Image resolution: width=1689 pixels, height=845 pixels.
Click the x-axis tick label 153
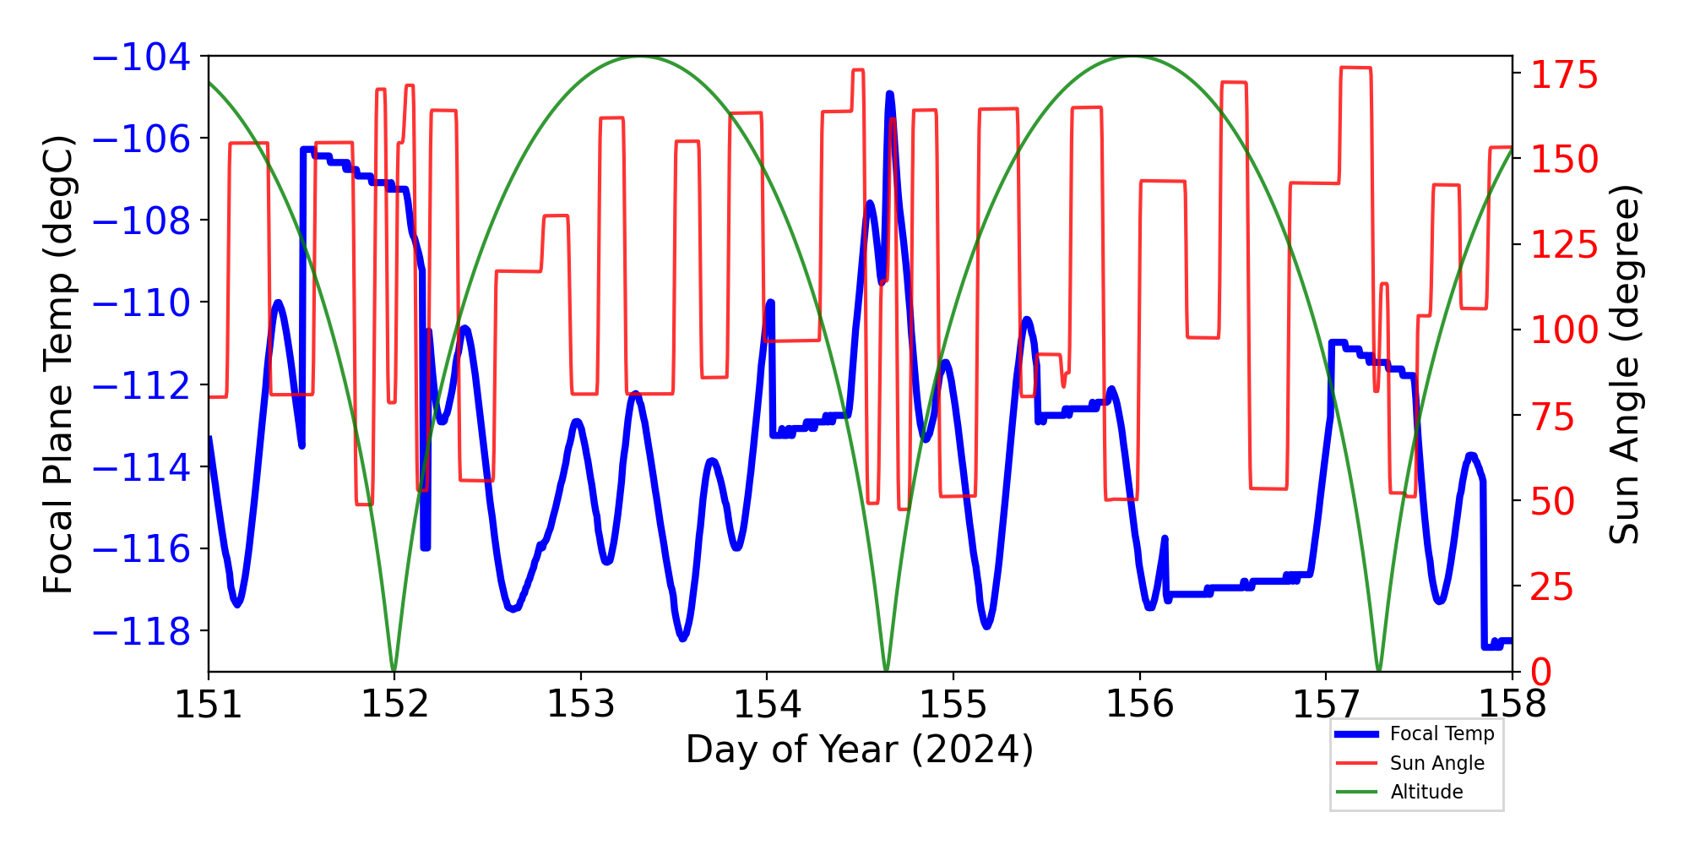(581, 705)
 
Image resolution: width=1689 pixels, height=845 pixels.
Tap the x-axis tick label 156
(1139, 705)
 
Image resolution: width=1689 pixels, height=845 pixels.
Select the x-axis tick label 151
(209, 705)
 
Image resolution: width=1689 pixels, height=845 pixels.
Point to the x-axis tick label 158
(1512, 705)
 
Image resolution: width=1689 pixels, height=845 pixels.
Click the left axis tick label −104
(141, 57)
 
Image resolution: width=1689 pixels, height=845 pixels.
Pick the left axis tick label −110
(141, 303)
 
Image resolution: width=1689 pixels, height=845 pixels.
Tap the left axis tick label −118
(141, 632)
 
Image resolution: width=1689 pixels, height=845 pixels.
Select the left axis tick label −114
(141, 468)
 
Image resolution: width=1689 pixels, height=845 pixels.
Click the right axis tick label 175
(1565, 76)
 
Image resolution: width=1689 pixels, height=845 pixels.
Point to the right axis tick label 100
(1565, 330)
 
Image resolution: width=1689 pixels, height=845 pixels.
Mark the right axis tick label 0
(1541, 673)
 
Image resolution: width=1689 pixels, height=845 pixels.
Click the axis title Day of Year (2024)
(859, 750)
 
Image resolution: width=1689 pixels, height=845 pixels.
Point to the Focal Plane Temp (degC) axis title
(59, 364)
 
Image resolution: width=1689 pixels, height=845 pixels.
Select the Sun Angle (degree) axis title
(1624, 364)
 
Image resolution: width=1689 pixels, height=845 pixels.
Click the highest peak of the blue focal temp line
(889, 95)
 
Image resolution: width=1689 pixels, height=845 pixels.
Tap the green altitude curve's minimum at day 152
(394, 669)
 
